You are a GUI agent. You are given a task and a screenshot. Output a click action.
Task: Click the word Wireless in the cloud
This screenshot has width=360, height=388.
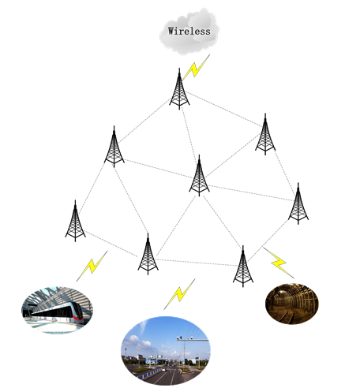pyautogui.click(x=189, y=31)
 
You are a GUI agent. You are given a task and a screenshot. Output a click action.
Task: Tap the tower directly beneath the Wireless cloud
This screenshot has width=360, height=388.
pyautogui.click(x=179, y=89)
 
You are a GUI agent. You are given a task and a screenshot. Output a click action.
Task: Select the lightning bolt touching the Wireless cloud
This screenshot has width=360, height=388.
pyautogui.click(x=196, y=67)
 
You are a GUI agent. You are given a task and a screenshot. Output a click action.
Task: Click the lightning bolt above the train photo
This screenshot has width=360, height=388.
pyautogui.click(x=92, y=266)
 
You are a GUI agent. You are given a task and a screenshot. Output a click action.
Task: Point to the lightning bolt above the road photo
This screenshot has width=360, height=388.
pyautogui.click(x=179, y=294)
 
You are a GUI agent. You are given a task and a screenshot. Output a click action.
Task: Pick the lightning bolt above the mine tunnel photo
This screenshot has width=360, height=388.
pyautogui.click(x=279, y=263)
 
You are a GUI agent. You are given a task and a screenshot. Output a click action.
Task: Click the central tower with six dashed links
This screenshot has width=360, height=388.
pyautogui.click(x=199, y=176)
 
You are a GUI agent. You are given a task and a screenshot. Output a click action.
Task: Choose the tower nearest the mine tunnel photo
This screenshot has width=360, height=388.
pyautogui.click(x=243, y=267)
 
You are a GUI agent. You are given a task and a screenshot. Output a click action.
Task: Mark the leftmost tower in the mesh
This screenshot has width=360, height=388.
pyautogui.click(x=75, y=221)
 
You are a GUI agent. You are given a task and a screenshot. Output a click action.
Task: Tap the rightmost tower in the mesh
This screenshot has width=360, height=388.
pyautogui.click(x=298, y=203)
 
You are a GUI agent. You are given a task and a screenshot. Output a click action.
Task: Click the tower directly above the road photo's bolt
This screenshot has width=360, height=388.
pyautogui.click(x=148, y=254)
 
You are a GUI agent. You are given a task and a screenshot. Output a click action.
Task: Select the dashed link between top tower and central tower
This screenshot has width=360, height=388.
pyautogui.click(x=189, y=131)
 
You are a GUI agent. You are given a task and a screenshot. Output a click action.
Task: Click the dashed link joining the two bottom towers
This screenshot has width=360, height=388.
pyautogui.click(x=197, y=263)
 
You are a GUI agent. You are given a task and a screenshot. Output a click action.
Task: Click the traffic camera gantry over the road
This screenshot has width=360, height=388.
pyautogui.click(x=193, y=340)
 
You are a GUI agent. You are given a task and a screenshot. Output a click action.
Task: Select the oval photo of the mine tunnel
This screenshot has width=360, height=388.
pyautogui.click(x=292, y=304)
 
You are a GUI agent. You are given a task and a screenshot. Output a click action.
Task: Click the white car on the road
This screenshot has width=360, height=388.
pyautogui.click(x=163, y=370)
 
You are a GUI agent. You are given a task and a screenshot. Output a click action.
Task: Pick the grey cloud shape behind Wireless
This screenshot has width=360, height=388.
pyautogui.click(x=189, y=32)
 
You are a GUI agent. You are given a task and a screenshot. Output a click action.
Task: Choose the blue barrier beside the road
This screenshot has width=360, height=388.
pyautogui.click(x=150, y=374)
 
